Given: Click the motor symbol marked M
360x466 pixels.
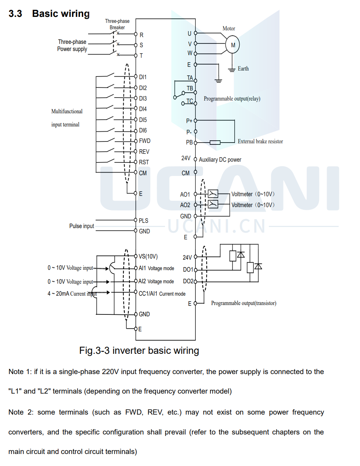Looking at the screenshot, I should [232, 45].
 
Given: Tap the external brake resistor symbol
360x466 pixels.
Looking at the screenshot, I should [215, 142].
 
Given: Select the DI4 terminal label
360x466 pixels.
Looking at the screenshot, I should [143, 109].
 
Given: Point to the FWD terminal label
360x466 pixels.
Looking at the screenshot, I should [144, 141].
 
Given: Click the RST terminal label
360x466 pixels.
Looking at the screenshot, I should [144, 162].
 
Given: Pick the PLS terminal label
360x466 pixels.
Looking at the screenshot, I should [143, 221].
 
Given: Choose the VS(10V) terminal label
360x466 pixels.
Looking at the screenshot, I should [148, 257].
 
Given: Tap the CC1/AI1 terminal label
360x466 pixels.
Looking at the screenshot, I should [148, 294].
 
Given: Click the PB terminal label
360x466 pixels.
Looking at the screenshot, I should [189, 143].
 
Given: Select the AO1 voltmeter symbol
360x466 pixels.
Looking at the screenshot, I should [213, 194].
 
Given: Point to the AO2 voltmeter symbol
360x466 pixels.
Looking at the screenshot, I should [213, 204].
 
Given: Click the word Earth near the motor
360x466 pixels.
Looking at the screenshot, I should [243, 69].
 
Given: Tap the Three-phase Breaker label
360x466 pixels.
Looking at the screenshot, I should [117, 24].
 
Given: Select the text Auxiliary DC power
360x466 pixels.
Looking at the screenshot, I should [220, 160].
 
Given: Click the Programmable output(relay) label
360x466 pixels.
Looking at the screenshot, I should [232, 99].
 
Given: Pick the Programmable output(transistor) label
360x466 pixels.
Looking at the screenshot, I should [243, 303].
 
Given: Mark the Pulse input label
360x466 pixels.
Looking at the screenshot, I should [81, 226].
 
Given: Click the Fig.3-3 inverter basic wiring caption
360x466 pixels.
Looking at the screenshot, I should [139, 350].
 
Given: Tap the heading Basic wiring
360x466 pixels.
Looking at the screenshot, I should [61, 14].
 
